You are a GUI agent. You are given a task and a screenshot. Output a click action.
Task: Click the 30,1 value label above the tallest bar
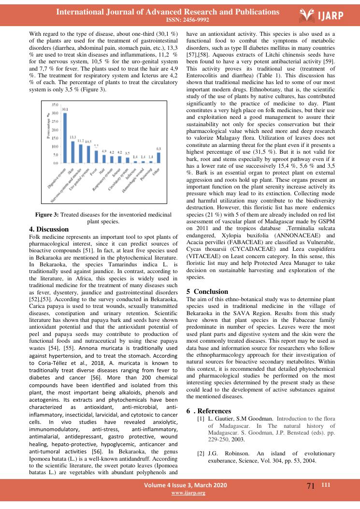[x=64, y=110]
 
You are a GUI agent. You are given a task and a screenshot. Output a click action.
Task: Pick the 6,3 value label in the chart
[x=158, y=148]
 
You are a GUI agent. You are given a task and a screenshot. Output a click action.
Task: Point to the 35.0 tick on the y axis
[x=55, y=104]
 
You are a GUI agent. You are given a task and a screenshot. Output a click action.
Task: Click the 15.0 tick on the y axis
[x=55, y=138]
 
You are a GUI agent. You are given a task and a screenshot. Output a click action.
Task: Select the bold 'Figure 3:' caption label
[x=47, y=214]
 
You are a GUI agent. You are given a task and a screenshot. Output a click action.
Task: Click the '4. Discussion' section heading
[x=49, y=229]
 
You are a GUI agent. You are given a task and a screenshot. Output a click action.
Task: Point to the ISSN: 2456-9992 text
[x=180, y=20]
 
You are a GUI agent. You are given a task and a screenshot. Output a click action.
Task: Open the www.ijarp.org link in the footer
[x=188, y=493]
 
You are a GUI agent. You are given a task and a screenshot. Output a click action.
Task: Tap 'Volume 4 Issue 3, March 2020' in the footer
[x=188, y=485]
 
